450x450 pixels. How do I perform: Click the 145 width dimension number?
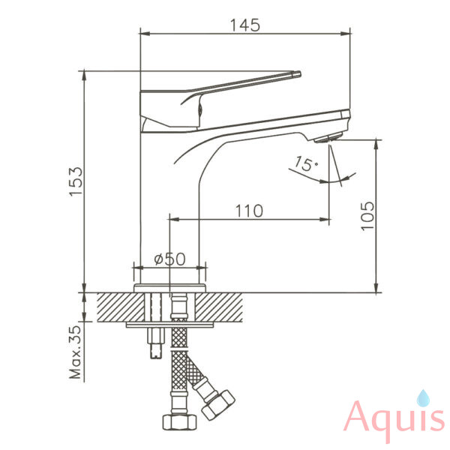tap(245, 25)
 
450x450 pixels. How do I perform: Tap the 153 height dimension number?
tap(76, 181)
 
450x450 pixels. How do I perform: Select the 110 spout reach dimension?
tap(249, 211)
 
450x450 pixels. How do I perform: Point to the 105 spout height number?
tap(368, 216)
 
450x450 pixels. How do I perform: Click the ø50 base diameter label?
tap(170, 259)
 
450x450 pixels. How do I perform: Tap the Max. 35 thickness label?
tap(76, 352)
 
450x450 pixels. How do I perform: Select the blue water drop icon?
tap(423, 398)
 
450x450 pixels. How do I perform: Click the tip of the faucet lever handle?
tap(298, 74)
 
